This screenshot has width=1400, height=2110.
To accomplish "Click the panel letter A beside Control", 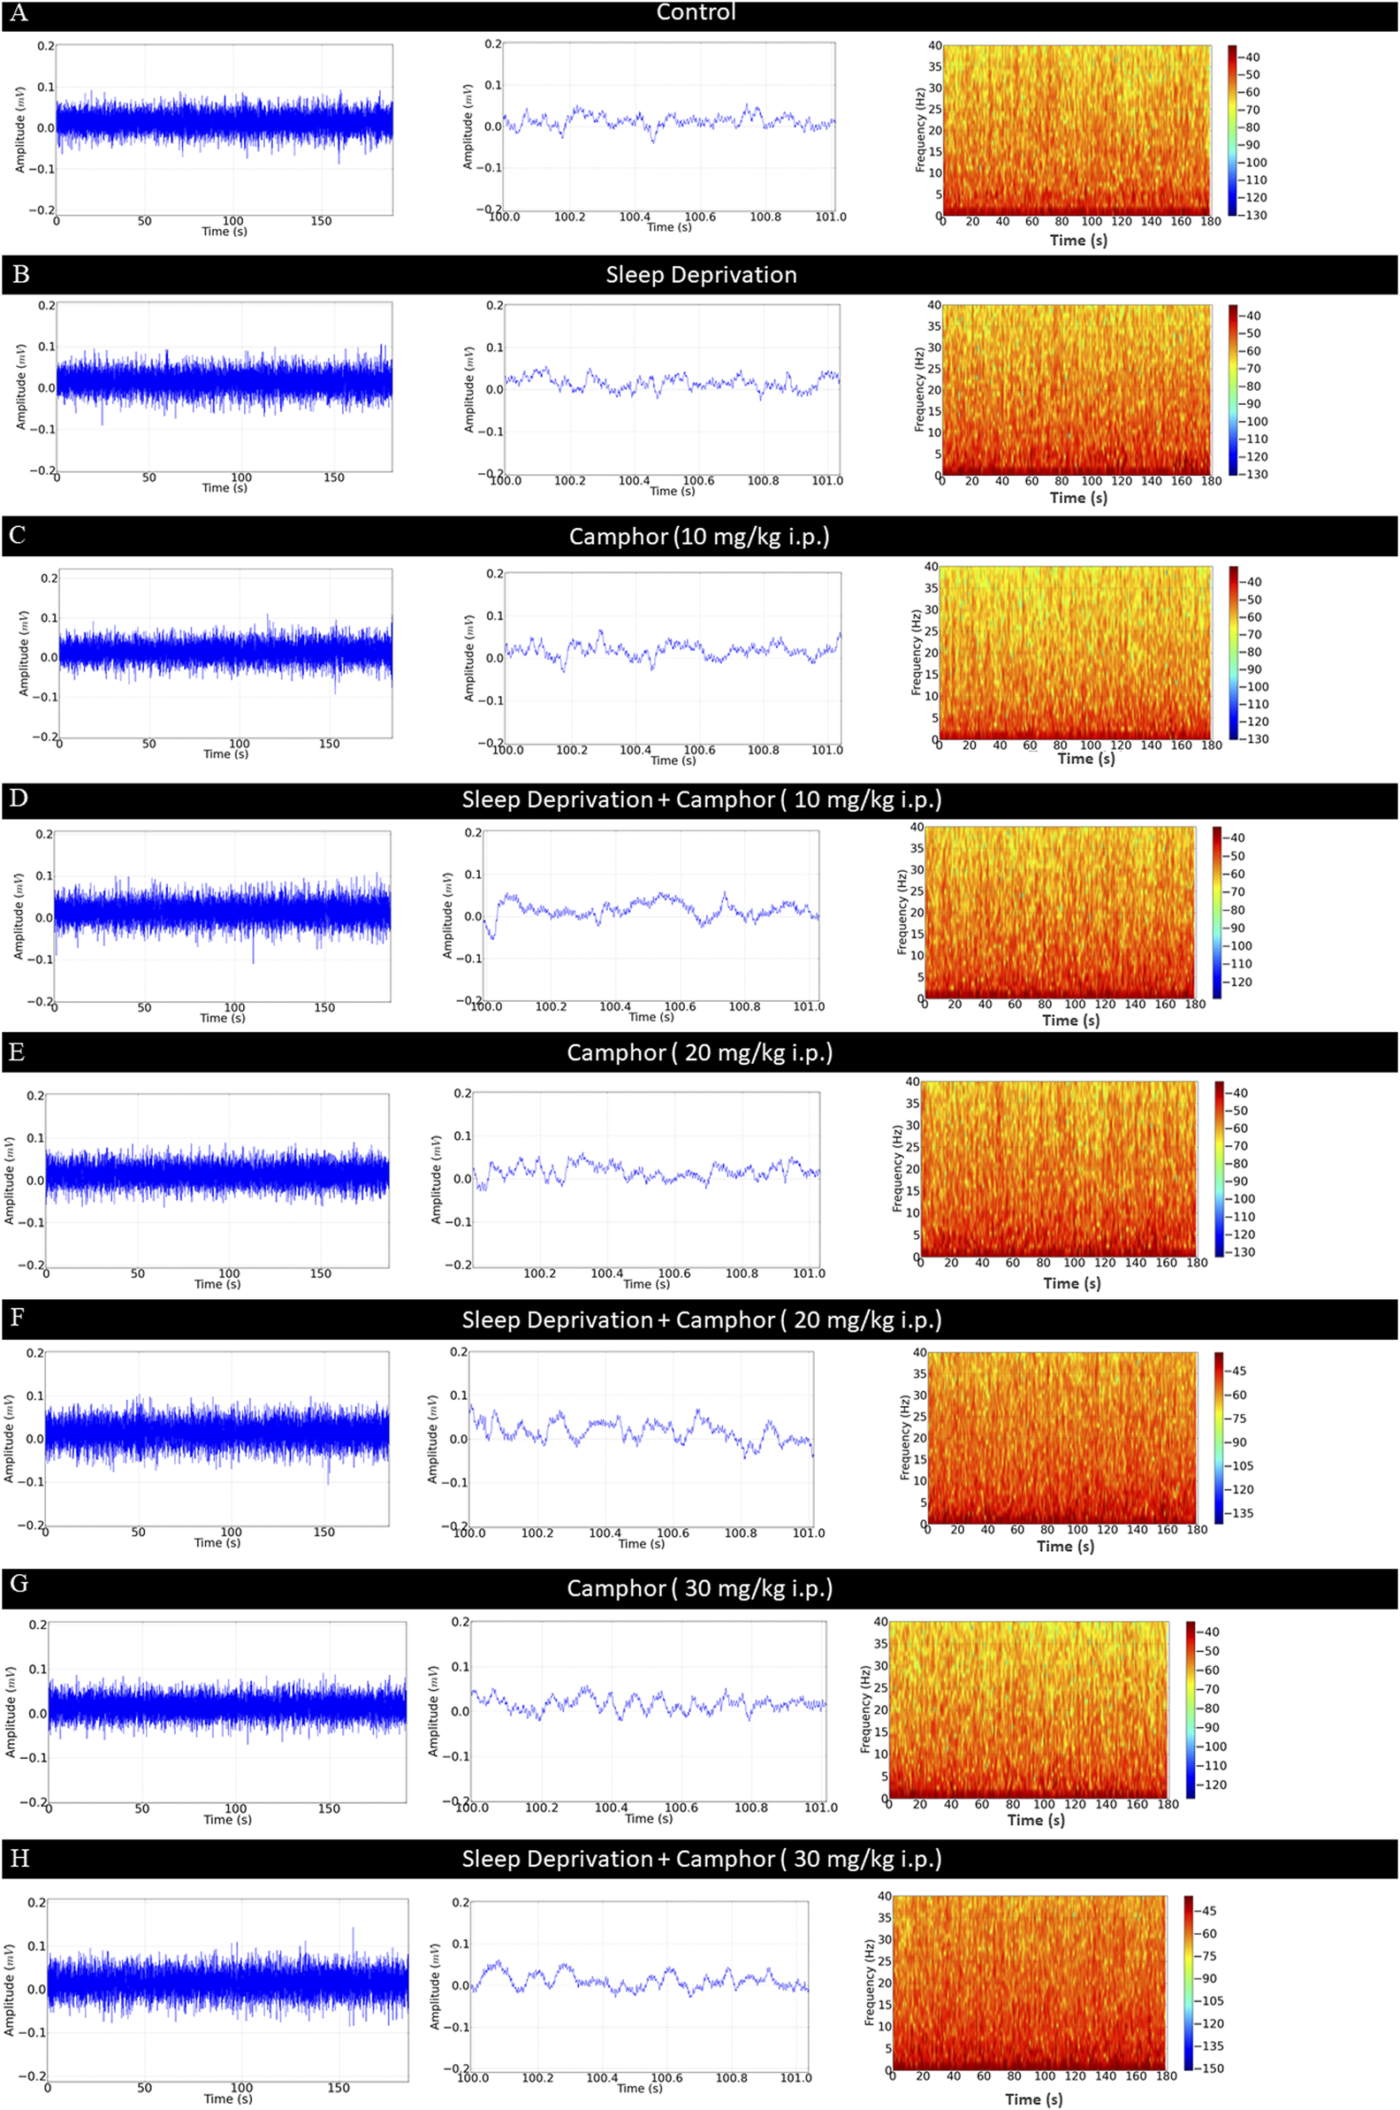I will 18,13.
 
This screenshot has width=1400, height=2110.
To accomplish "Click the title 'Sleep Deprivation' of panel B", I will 701,274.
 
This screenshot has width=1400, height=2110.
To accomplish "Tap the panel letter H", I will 19,1859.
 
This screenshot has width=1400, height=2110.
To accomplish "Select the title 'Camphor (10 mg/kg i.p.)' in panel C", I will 699,536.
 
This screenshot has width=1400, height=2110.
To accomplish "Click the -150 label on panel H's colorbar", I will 1212,2068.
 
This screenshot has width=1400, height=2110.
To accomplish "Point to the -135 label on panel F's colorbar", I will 1242,1513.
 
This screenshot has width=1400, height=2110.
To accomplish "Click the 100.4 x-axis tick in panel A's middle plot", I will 635,217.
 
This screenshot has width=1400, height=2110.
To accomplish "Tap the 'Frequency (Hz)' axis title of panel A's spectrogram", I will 921,130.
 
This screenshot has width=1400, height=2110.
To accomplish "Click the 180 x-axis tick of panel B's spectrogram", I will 1211,480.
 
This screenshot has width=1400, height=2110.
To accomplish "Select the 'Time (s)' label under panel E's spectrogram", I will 1071,1283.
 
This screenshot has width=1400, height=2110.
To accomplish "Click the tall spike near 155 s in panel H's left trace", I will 353,1930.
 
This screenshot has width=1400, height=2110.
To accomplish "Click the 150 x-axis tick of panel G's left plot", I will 329,1808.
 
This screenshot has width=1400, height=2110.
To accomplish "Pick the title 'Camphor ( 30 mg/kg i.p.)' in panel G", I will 699,1588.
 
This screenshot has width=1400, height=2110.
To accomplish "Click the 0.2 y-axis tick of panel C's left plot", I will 48,578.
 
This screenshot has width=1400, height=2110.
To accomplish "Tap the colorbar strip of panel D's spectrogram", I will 1217,911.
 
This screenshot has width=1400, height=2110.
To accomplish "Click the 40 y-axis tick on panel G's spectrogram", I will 880,1621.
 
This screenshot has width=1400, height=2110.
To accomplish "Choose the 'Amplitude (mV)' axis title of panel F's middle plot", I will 433,1438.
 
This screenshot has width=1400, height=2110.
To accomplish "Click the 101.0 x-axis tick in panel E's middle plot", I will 809,1273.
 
